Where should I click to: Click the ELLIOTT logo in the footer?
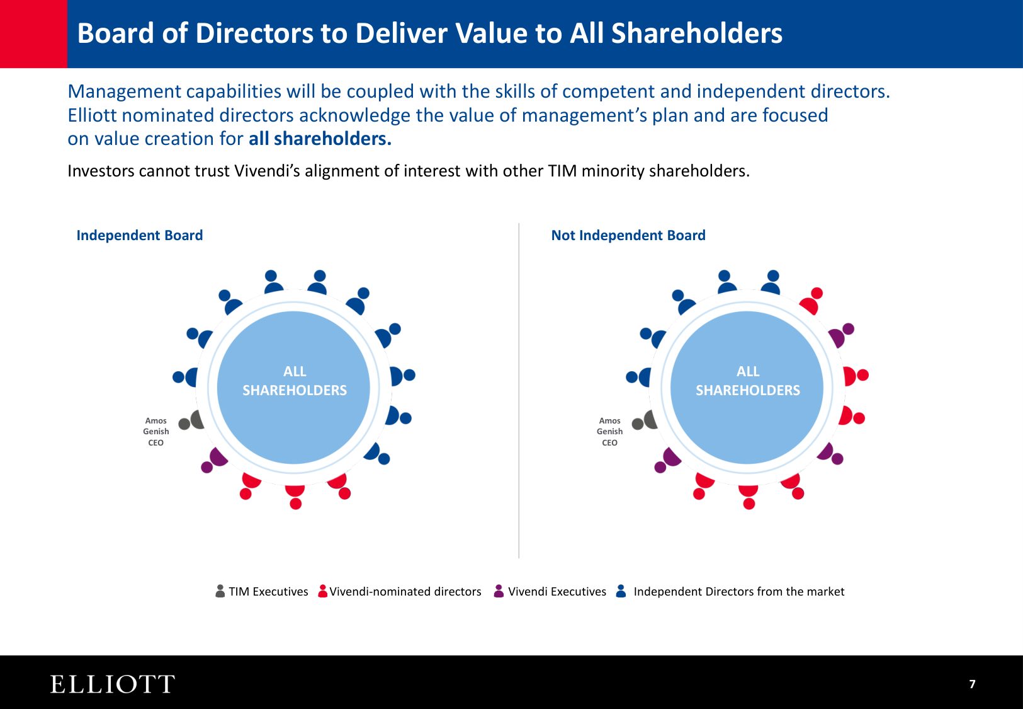(x=112, y=684)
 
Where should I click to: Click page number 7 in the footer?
(x=972, y=684)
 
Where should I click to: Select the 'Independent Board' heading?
(x=139, y=235)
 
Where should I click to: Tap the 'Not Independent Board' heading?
(x=628, y=235)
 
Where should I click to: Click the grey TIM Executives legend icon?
(x=220, y=591)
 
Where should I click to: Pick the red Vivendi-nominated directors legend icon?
(x=323, y=591)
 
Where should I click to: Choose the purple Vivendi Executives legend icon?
(x=499, y=591)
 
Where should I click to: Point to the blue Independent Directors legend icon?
(x=621, y=591)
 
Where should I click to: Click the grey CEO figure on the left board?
(x=192, y=421)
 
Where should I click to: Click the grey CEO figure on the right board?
(x=645, y=421)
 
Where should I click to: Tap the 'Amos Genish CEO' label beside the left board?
(x=155, y=432)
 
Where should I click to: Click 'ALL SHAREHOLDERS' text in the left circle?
(x=295, y=381)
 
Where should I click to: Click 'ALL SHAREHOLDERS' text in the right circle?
(x=748, y=381)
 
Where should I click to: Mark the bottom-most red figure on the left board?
(x=295, y=495)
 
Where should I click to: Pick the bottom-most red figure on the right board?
(x=749, y=495)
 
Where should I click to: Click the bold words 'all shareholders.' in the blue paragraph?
(x=320, y=139)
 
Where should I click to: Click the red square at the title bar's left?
(x=33, y=33)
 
